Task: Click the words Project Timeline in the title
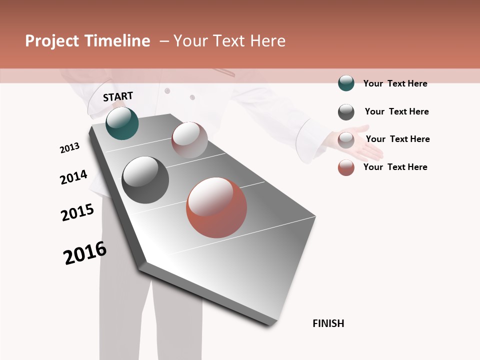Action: tap(87, 41)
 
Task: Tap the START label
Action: tap(118, 96)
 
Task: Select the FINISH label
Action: tap(328, 323)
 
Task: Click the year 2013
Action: tap(69, 148)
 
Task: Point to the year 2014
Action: tap(73, 177)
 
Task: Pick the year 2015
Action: tap(77, 212)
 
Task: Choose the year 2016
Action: tap(85, 253)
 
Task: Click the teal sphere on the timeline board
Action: tap(122, 123)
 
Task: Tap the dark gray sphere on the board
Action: tap(145, 180)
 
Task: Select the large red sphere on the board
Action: tap(216, 207)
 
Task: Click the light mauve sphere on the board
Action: tap(189, 140)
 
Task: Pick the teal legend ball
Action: tap(346, 83)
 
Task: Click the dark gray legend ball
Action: tap(346, 112)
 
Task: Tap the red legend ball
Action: tap(346, 167)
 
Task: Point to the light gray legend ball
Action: tap(346, 140)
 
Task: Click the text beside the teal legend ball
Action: tap(395, 83)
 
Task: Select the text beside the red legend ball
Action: tap(395, 167)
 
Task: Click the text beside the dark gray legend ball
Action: tap(396, 111)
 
